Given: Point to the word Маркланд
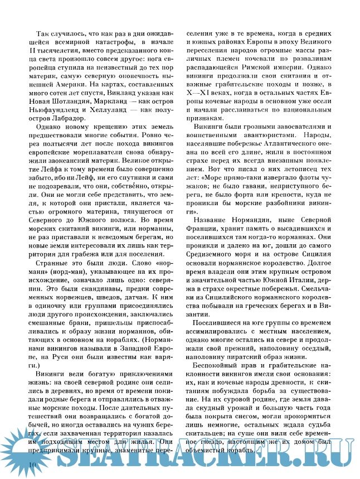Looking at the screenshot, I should click(x=113, y=111).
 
